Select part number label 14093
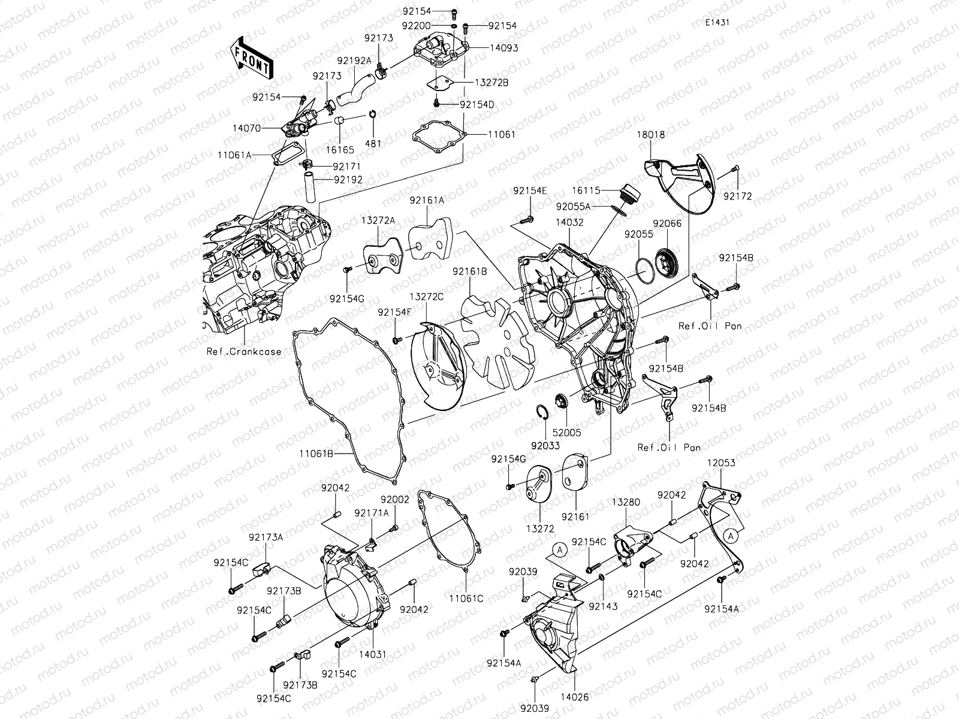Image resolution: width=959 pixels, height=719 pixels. [x=503, y=48]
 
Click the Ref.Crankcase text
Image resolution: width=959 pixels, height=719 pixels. [x=243, y=352]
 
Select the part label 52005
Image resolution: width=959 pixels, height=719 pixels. [x=566, y=432]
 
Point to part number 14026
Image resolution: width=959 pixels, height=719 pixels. [x=575, y=697]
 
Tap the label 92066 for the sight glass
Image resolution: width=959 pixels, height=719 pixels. [x=667, y=223]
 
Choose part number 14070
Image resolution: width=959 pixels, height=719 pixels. [x=247, y=128]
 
